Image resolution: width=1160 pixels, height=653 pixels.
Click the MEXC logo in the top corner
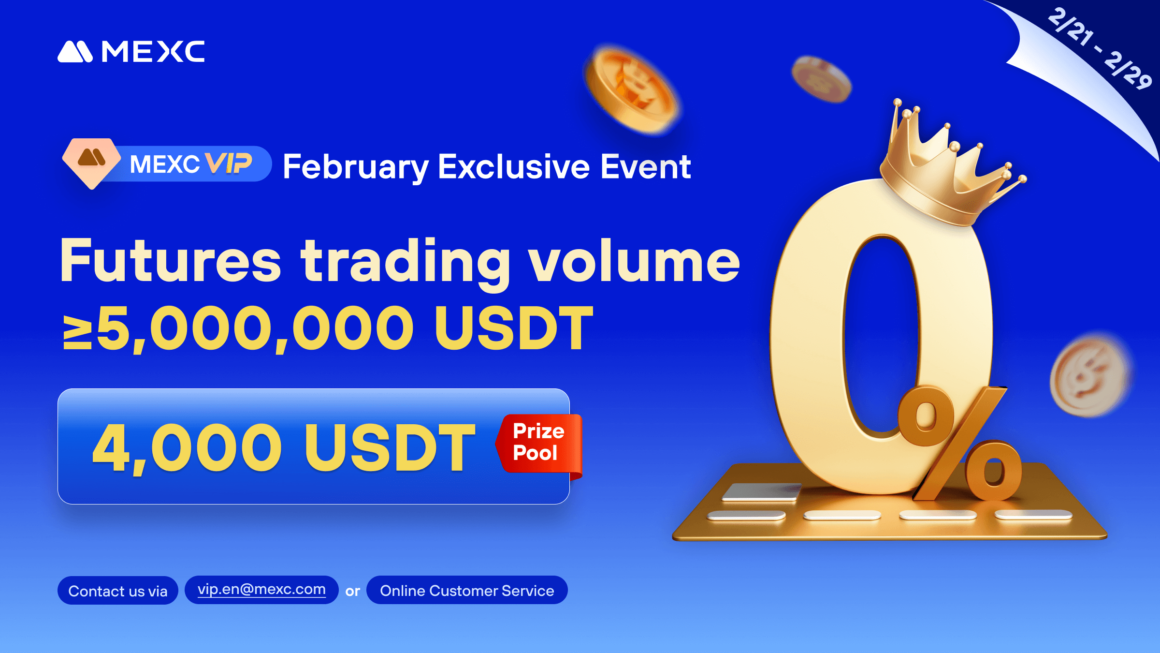pos(131,51)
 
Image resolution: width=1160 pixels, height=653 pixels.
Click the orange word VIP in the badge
pos(228,163)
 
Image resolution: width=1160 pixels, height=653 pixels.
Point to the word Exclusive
pos(514,166)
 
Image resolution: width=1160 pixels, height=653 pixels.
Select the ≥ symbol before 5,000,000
pos(77,331)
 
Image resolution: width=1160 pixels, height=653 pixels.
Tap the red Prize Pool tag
pos(539,443)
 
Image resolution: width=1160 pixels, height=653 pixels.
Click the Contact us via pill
pos(118,591)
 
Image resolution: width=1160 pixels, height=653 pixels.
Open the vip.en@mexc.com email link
pos(261,590)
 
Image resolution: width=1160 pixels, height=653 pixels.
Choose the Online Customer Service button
pos(467,590)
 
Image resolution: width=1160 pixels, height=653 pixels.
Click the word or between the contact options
pos(352,591)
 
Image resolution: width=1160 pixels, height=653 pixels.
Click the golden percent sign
pos(959,443)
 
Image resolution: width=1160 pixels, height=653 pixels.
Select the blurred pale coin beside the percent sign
pos(1090,375)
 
